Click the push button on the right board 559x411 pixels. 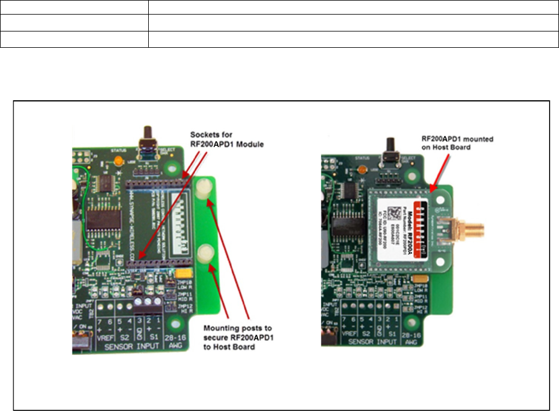(387, 154)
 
